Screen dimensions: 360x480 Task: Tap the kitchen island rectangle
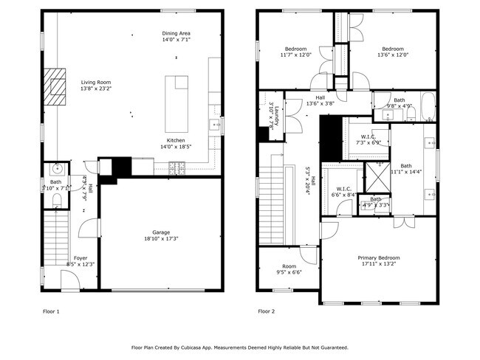pos(178,103)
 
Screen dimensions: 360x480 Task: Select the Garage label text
pos(161,232)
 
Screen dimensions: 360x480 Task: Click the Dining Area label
pos(176,33)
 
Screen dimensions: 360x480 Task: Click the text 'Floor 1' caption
pos(50,311)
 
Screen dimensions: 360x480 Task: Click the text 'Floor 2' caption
pos(266,311)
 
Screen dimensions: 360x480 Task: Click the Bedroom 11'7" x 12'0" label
pos(295,49)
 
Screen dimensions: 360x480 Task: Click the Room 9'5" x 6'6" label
pos(288,267)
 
